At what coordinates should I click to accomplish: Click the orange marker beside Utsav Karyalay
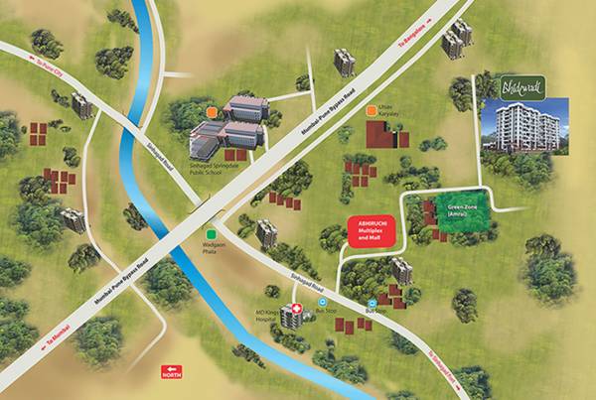372,110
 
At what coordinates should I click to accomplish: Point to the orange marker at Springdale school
212,107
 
